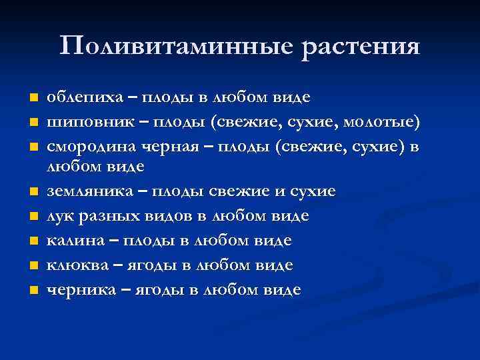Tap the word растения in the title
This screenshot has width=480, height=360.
coord(361,47)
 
